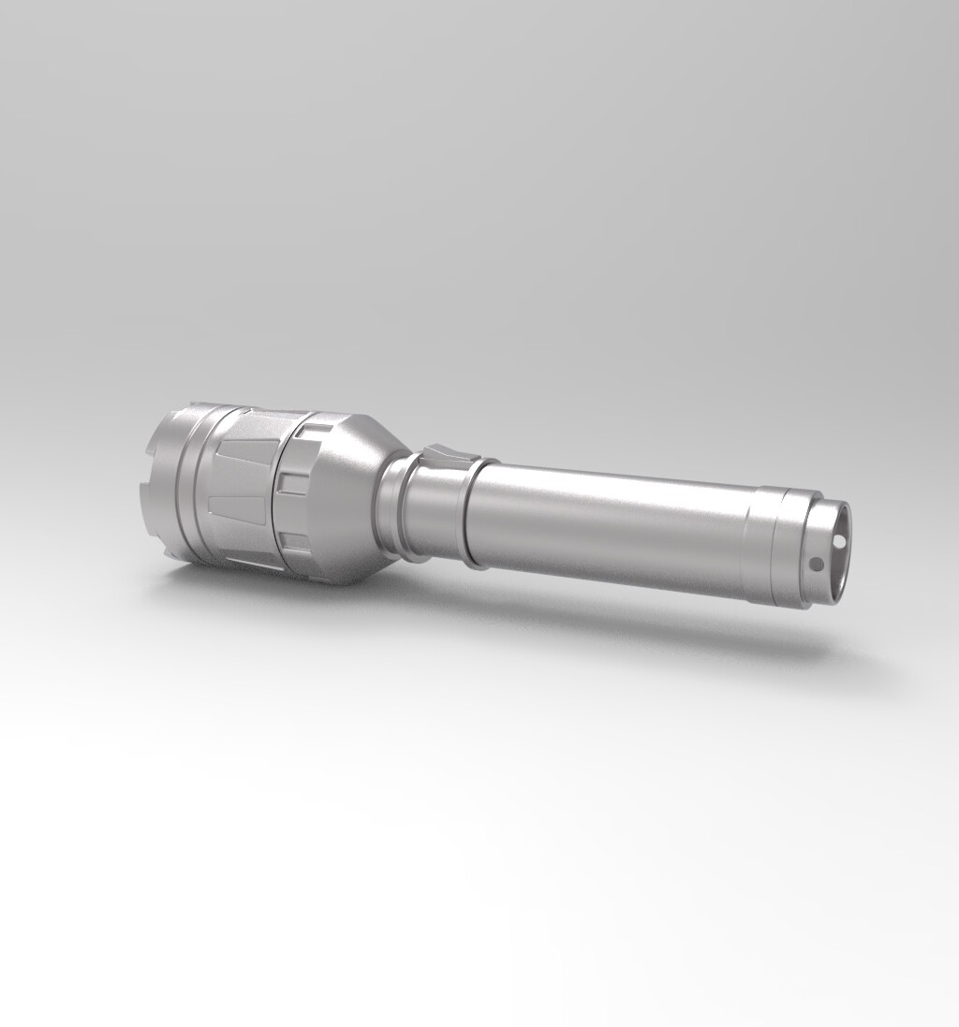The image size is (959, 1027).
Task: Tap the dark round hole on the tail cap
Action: tap(816, 564)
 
